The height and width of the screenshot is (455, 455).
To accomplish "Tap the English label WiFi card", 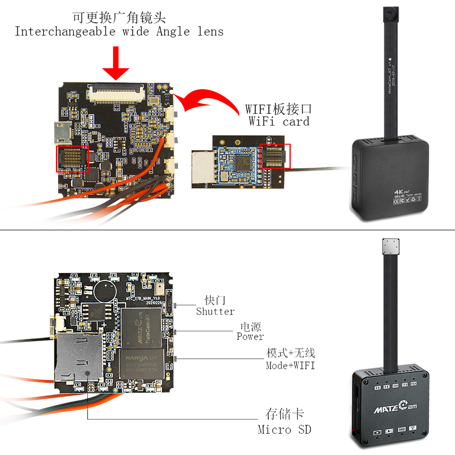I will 279,121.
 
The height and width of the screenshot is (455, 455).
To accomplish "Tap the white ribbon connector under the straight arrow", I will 116,93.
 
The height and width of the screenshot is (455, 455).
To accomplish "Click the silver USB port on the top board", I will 61,132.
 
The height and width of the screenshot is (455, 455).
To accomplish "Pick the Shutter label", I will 215,311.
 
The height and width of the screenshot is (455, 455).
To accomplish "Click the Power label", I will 250,337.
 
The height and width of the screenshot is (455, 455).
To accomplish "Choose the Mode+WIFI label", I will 290,365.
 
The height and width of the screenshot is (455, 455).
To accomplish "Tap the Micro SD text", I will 284,429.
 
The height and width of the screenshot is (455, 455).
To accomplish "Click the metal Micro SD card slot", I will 79,358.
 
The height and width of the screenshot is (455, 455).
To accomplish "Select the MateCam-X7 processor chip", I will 142,327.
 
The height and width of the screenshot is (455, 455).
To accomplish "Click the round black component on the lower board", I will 105,290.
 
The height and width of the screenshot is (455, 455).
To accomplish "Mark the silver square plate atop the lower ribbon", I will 392,247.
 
